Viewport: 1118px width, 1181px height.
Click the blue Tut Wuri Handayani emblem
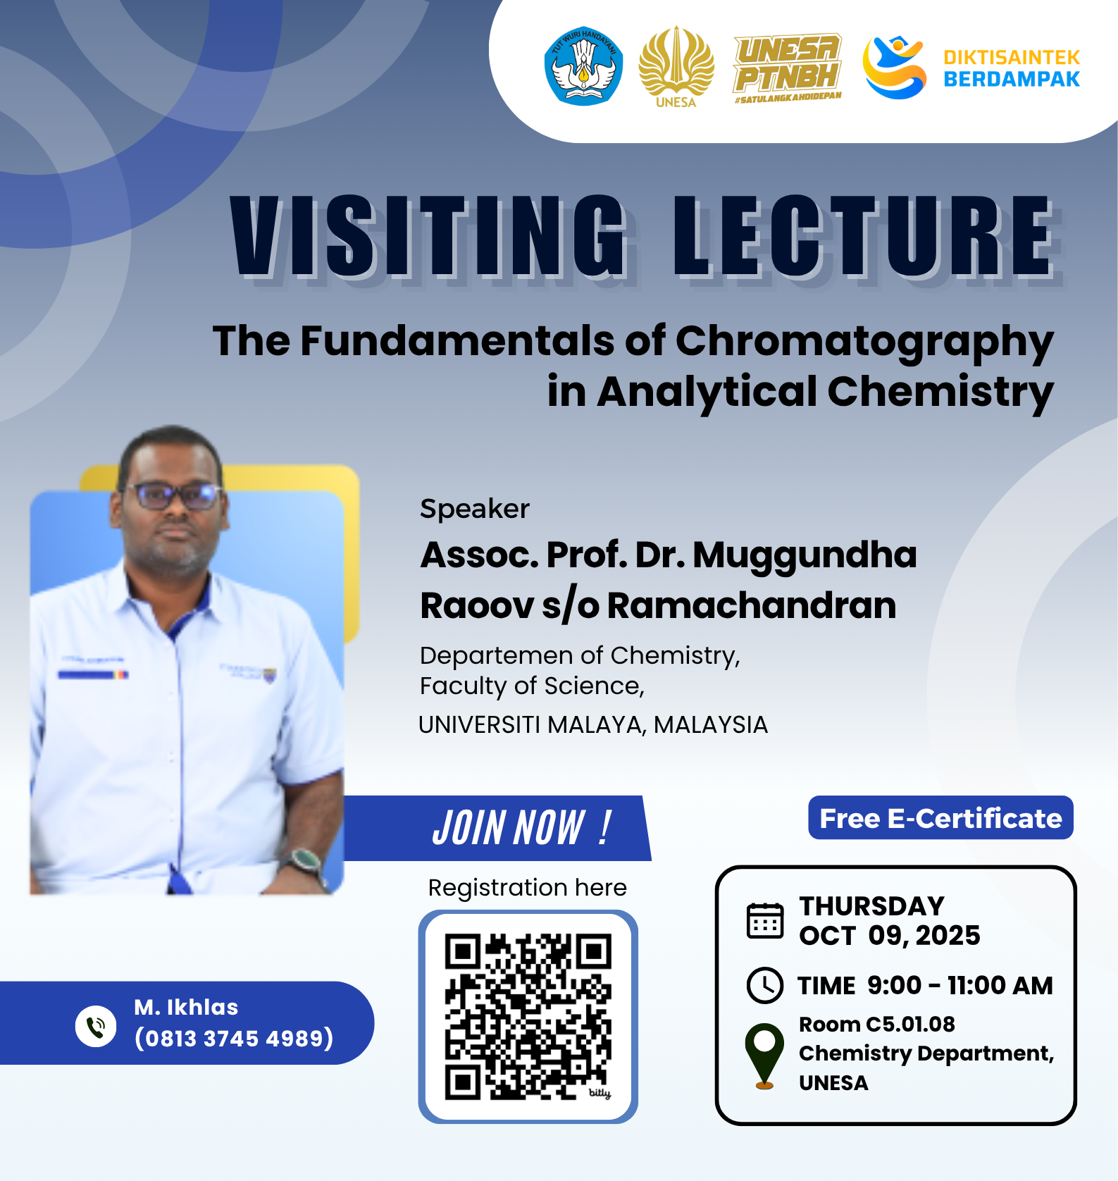(x=583, y=66)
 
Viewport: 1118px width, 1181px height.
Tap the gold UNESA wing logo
(x=676, y=67)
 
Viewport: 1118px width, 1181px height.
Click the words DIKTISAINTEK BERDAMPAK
(x=1012, y=68)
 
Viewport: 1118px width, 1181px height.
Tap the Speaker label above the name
(x=474, y=509)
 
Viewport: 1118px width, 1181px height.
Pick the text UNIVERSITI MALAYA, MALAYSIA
(x=592, y=724)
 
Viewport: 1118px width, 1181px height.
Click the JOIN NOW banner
(x=497, y=828)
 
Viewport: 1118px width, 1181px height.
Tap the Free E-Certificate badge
(x=940, y=817)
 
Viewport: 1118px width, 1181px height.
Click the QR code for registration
(x=528, y=1016)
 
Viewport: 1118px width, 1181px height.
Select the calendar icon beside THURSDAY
(x=764, y=920)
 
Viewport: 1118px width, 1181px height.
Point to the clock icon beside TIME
(x=764, y=985)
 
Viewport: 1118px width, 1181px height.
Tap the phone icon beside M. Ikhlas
(x=96, y=1026)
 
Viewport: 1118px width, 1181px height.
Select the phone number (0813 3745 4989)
(x=234, y=1038)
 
